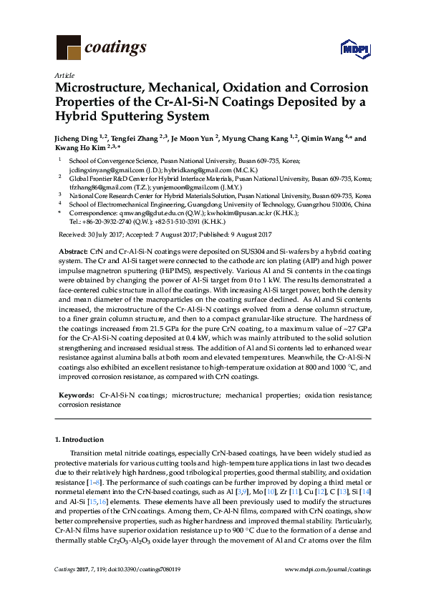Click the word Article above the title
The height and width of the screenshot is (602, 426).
tap(62, 74)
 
